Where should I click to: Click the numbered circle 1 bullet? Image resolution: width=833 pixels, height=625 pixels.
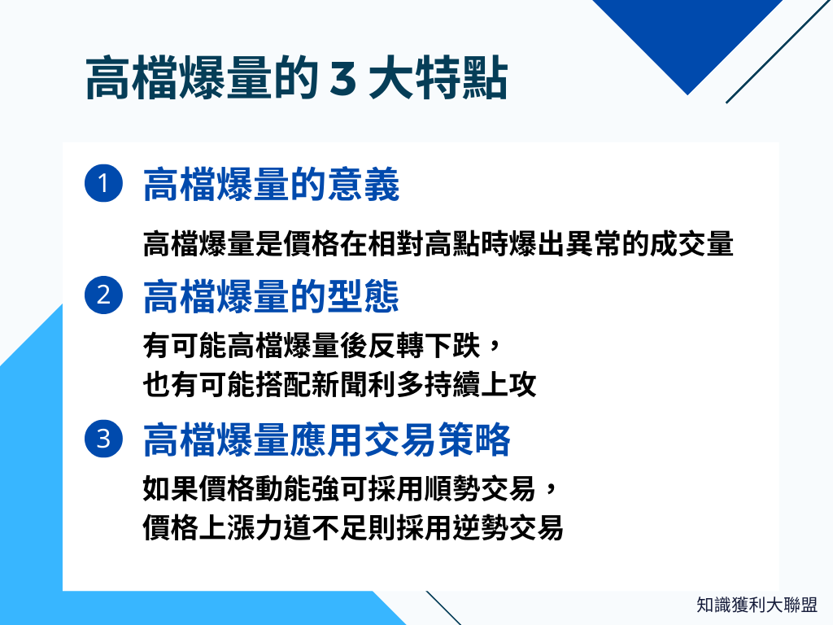point(103,184)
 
